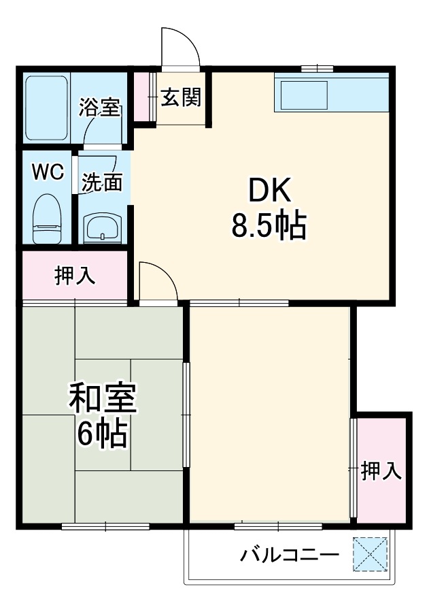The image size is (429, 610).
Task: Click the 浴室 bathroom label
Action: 100,108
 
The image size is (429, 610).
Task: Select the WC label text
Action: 48,172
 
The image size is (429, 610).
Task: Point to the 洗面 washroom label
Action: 102,182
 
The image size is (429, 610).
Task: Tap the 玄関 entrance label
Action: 181,98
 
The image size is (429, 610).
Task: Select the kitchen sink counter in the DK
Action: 331,93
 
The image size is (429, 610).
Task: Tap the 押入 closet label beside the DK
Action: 75,275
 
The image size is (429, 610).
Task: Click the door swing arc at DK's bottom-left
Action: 157,279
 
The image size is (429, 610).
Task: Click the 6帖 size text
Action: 103,434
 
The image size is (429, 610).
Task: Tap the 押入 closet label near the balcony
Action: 381,471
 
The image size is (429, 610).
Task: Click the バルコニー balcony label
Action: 289,555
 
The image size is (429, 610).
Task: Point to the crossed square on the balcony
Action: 371,554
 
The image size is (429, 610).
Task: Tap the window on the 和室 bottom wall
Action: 105,526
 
